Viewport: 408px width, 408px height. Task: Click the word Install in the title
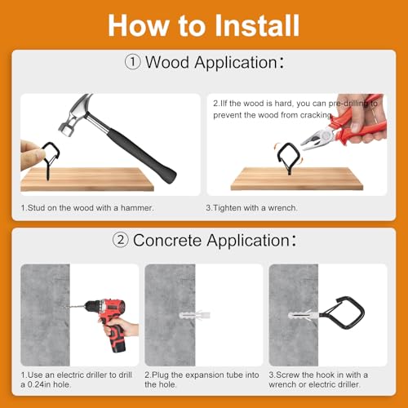257,25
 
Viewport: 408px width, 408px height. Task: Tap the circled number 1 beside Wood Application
133,62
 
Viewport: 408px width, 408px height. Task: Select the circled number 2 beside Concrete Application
121,240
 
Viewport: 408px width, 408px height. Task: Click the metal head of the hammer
75,114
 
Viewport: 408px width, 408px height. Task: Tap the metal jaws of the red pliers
316,140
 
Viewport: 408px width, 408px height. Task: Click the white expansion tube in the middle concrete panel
195,316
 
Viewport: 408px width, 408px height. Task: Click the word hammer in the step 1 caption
137,208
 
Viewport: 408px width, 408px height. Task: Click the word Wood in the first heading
167,62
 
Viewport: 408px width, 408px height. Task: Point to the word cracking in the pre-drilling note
316,115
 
